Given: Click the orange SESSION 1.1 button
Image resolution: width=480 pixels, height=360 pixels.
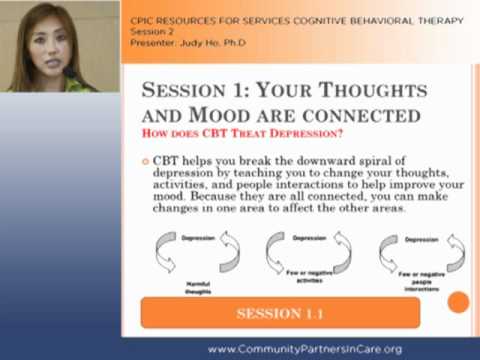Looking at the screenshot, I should pyautogui.click(x=280, y=313).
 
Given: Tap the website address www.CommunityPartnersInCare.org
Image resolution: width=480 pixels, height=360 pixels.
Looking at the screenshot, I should pyautogui.click(x=318, y=349).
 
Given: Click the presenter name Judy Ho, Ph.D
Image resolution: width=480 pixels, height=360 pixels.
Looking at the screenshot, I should pyautogui.click(x=191, y=42).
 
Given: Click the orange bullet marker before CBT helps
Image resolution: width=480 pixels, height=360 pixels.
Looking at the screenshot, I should pyautogui.click(x=146, y=162).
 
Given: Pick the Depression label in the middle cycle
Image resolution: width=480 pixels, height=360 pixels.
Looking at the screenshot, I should pyautogui.click(x=307, y=238).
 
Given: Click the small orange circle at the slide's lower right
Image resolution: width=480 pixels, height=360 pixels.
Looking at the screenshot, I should pyautogui.click(x=459, y=302).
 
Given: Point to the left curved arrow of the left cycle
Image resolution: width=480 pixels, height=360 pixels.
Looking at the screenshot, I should pyautogui.click(x=166, y=254).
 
